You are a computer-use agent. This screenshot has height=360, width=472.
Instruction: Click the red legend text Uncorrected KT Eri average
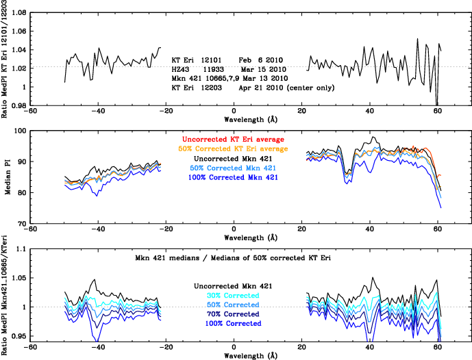234,140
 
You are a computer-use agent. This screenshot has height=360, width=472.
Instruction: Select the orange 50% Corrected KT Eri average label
234,149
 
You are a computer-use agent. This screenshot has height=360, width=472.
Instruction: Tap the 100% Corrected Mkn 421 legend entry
234,178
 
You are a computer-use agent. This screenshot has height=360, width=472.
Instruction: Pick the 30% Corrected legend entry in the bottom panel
234,296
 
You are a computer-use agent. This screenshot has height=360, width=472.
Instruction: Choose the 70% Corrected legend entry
234,313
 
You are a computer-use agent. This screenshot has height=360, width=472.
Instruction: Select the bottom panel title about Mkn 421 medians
234,259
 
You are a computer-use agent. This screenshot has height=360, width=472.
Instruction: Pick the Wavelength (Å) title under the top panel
234,119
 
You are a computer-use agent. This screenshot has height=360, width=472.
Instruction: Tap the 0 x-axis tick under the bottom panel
234,346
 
